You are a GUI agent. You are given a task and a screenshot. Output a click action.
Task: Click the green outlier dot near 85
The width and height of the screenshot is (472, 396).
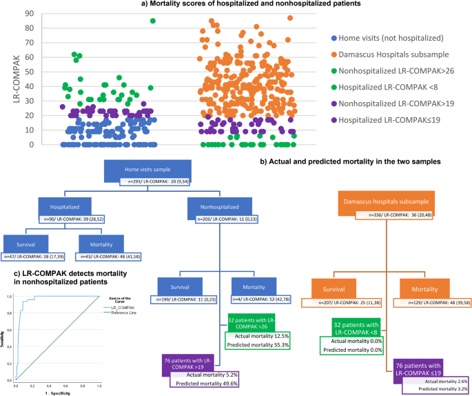tap(152, 21)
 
